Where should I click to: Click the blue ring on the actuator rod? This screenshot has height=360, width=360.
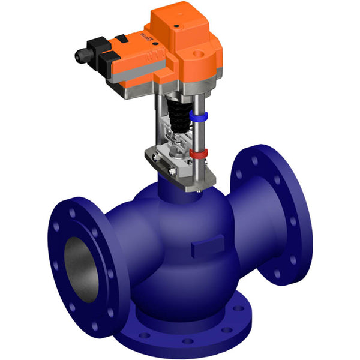tap(199, 114)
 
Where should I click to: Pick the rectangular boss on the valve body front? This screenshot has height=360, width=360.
tap(203, 249)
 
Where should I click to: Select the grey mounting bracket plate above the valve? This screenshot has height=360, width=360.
tap(180, 171)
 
